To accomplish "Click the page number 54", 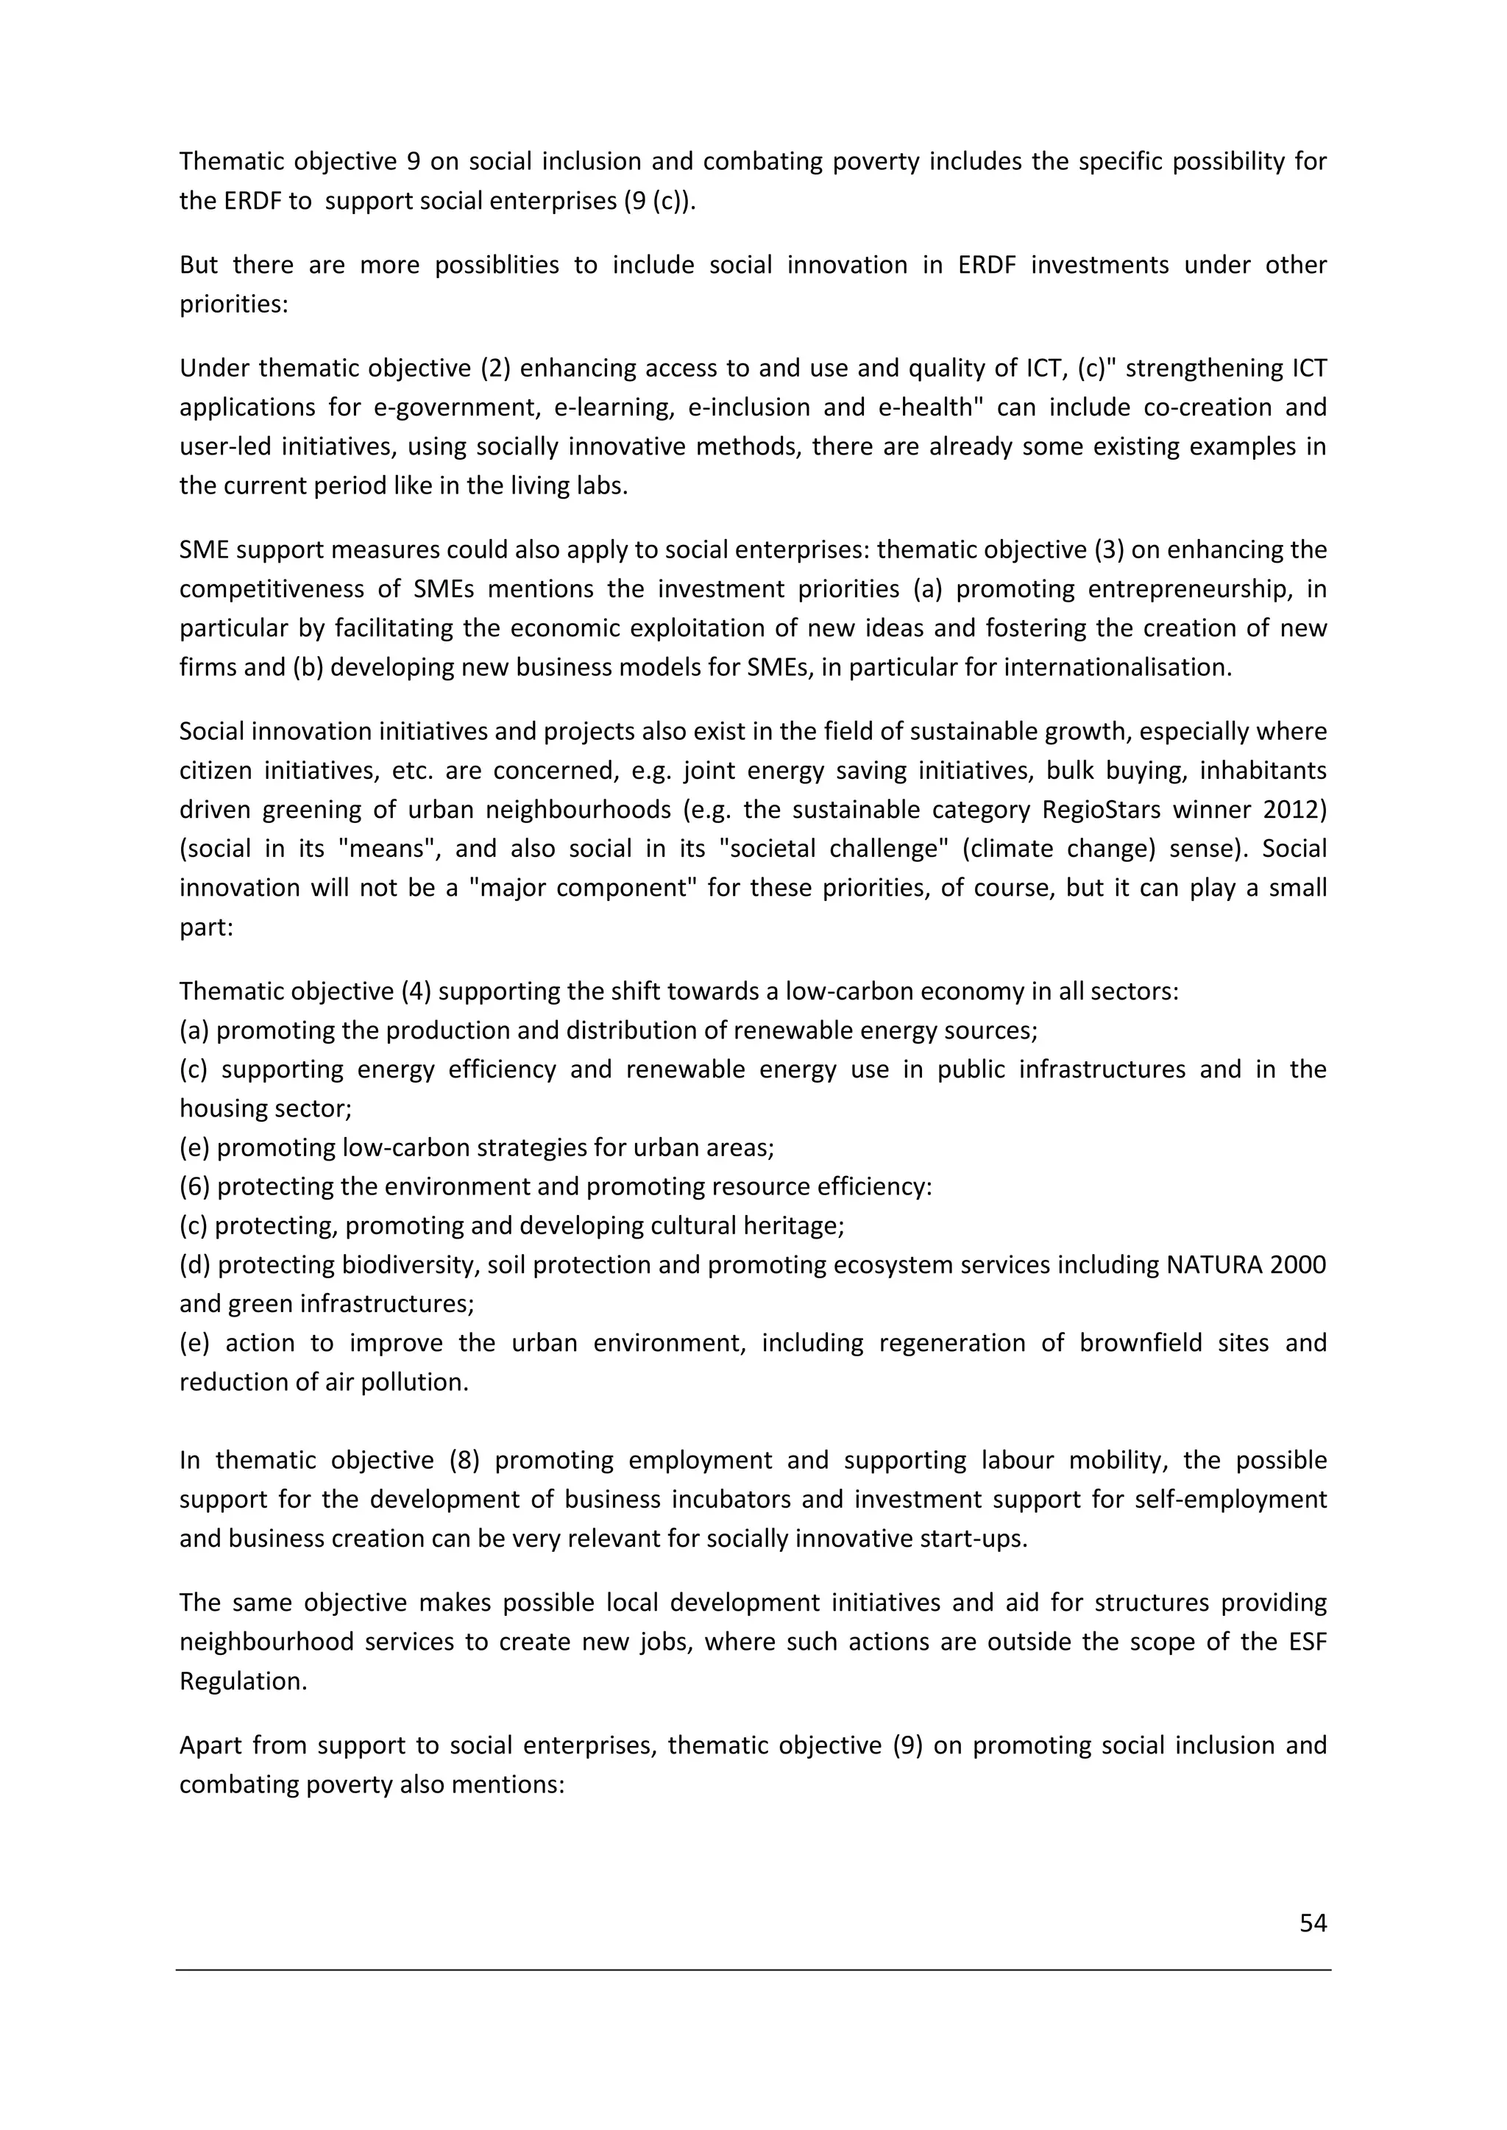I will pos(1312,1923).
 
